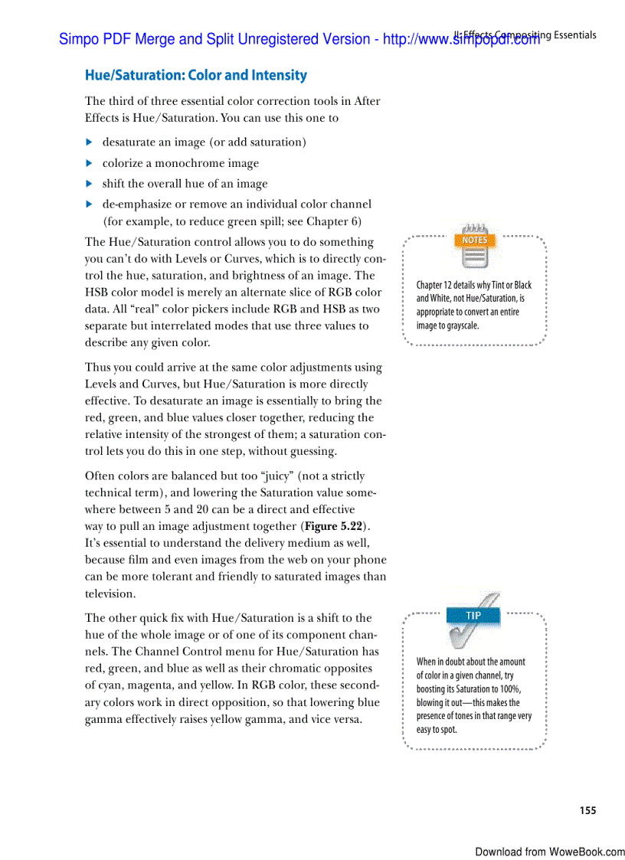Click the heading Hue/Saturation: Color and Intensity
coord(195,75)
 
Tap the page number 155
coord(587,810)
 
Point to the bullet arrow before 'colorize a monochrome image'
coord(89,163)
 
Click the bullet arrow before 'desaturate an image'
coord(89,142)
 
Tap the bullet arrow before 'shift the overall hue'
coord(89,184)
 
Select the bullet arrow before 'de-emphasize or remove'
coord(89,204)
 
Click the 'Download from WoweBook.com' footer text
coord(549,852)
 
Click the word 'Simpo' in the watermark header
coord(78,39)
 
